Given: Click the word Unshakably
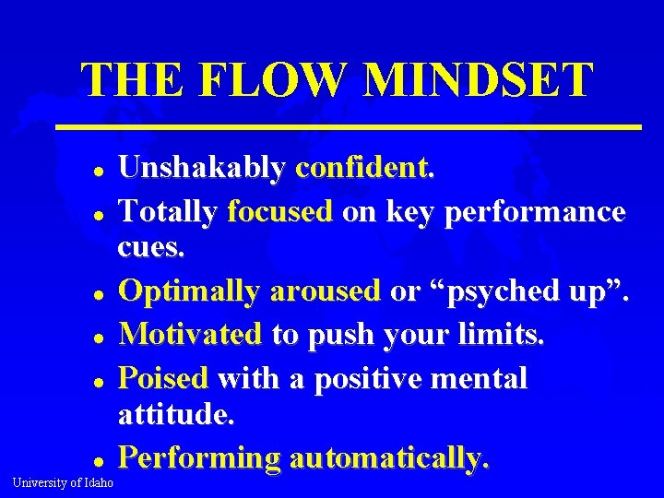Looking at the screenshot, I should point(202,168).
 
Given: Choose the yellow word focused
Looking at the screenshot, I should point(279,212).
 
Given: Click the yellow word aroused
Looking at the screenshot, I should point(326,292).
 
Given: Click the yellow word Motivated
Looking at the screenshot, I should point(191,334).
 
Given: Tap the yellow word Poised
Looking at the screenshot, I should point(164,378).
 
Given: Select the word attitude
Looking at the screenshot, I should point(177,417).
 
